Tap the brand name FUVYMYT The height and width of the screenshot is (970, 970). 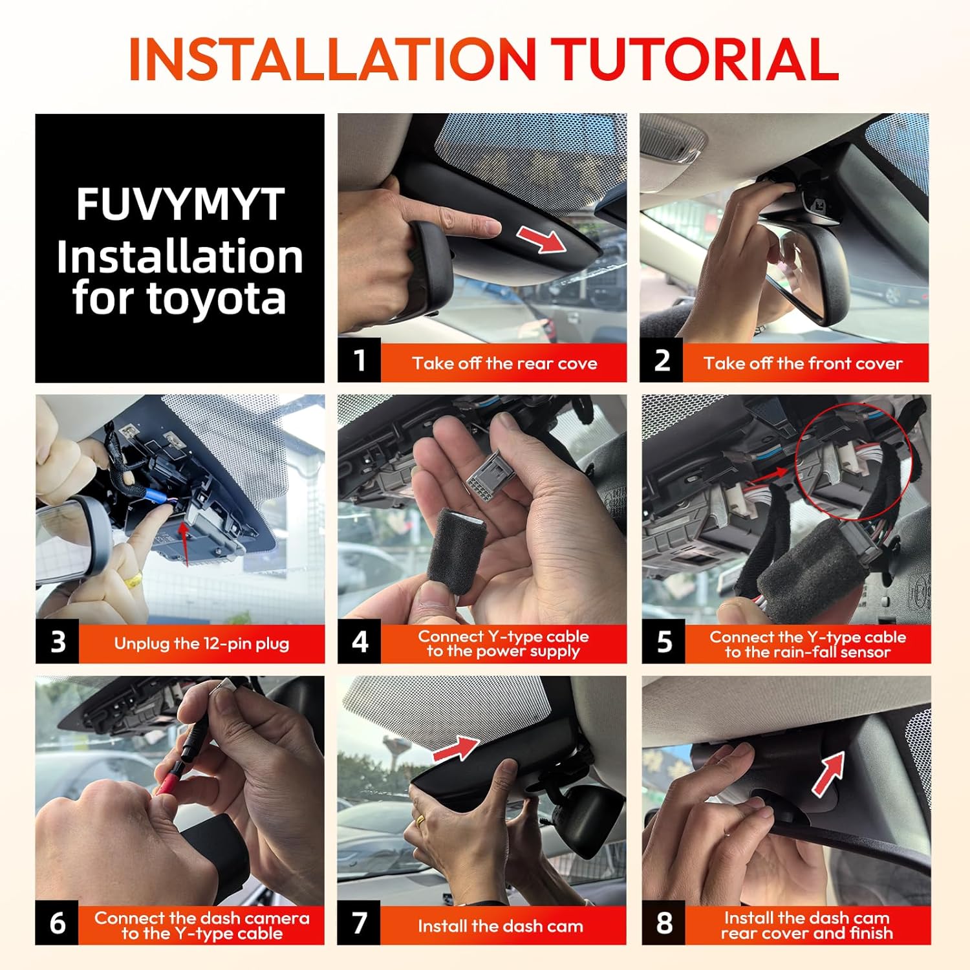coord(180,204)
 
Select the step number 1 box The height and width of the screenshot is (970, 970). coord(359,360)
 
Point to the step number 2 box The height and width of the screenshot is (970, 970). coord(662,360)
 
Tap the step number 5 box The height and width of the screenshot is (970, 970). coord(663,642)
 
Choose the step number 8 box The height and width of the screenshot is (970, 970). coord(663,923)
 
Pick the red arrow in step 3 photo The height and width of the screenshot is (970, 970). coord(185,544)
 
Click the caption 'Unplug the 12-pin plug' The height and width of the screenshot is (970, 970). coord(202,643)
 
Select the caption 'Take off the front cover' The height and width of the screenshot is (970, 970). coord(803,363)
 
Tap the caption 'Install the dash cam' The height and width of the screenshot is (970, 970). coord(501,926)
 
